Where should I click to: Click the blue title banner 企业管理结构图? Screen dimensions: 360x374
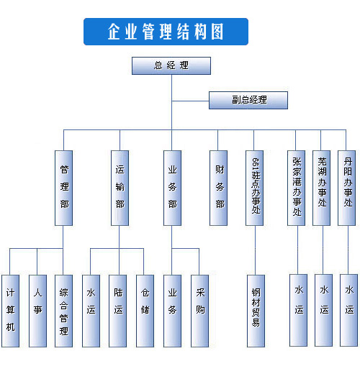pos(166,32)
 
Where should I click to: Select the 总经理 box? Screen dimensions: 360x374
pos(171,65)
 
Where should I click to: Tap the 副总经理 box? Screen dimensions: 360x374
pos(248,100)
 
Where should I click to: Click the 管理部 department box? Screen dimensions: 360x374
pos(63,188)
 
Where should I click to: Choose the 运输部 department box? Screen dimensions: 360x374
pos(120,188)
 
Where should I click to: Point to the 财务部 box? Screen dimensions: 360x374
pos(218,188)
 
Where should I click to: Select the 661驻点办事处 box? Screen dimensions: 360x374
pos(254,188)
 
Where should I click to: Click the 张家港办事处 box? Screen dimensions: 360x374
pos(296,188)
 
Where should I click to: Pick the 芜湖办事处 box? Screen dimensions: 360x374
pos(321,188)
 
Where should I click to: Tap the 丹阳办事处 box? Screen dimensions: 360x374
pos(346,188)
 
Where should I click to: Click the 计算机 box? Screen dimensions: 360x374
pos(10,311)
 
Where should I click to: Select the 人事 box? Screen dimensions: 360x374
pos(37,311)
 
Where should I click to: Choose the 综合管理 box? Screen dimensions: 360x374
pos(63,311)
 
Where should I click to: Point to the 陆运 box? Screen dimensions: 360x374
pos(117,311)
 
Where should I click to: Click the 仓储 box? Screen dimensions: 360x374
pos(145,311)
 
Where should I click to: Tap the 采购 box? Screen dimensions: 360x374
pos(199,311)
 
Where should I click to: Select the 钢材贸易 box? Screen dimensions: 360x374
pos(256,311)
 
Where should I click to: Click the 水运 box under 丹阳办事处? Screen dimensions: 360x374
pos(348,310)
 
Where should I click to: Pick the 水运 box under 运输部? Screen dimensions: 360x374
pos(91,311)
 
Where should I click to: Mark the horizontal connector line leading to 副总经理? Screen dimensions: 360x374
pos(190,101)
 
